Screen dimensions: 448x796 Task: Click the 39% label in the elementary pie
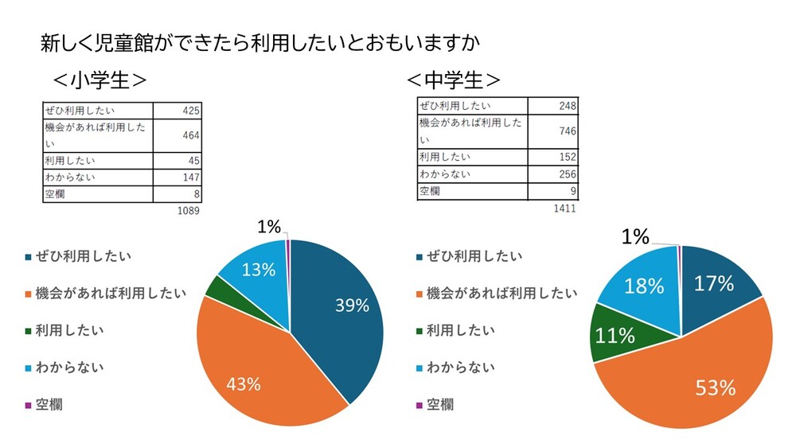pyautogui.click(x=350, y=306)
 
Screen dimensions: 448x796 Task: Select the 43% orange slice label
pyautogui.click(x=243, y=384)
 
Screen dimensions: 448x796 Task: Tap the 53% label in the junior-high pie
pyautogui.click(x=716, y=388)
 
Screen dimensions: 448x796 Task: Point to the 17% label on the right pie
pyautogui.click(x=714, y=283)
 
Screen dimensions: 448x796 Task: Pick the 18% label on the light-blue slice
pyautogui.click(x=645, y=286)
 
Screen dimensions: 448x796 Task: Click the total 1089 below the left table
pyautogui.click(x=189, y=212)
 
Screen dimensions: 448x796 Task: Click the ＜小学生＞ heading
pyautogui.click(x=99, y=81)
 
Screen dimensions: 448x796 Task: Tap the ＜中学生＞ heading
pyautogui.click(x=454, y=81)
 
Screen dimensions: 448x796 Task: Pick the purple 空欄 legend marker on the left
pyautogui.click(x=29, y=406)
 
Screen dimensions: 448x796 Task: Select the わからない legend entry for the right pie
pyautogui.click(x=460, y=367)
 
